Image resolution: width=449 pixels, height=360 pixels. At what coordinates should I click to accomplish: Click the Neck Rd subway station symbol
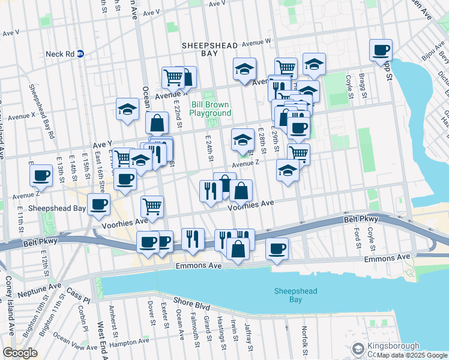pyautogui.click(x=80, y=54)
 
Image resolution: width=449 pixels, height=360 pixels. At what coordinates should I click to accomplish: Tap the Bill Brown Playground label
pyautogui.click(x=211, y=109)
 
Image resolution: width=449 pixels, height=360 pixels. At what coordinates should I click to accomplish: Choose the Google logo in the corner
pyautogui.click(x=20, y=352)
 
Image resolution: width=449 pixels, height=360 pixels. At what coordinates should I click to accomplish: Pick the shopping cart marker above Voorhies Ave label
pyautogui.click(x=152, y=206)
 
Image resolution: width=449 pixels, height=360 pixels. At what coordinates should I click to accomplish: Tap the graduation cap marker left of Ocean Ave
pyautogui.click(x=127, y=109)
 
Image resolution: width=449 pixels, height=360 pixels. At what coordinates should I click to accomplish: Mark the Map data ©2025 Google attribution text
pyautogui.click(x=412, y=355)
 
